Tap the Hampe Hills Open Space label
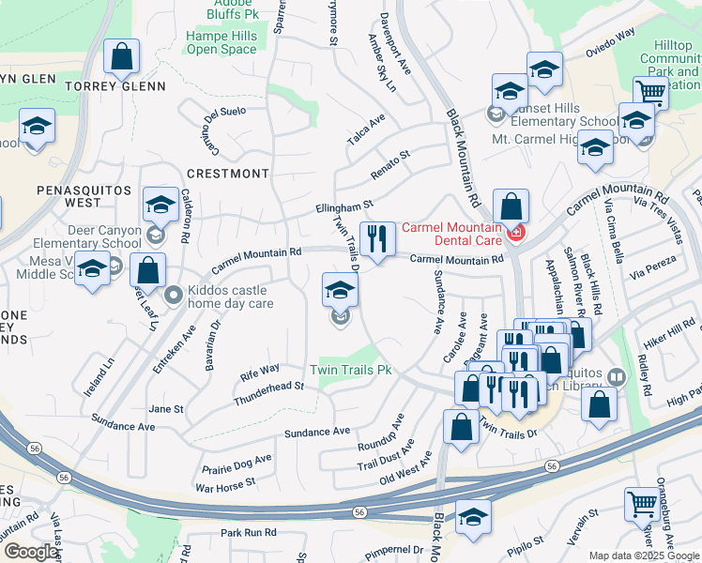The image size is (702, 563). [x=221, y=42]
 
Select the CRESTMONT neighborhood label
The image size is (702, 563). [x=227, y=174]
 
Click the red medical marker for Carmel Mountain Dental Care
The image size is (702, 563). [x=513, y=233]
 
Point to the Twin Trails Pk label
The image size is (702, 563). [x=351, y=370]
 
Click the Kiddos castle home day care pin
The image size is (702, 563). [x=173, y=296]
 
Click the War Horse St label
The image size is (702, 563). [x=224, y=485]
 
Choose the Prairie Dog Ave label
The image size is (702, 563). [x=237, y=464]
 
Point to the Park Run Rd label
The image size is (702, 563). [x=249, y=532]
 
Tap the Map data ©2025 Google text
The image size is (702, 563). [x=643, y=555]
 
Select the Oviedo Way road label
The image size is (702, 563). [x=611, y=46]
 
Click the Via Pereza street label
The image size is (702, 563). [x=652, y=273]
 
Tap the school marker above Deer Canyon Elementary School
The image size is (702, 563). [x=161, y=204]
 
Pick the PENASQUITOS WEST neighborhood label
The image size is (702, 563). [x=69, y=195]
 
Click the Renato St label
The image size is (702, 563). [x=390, y=156]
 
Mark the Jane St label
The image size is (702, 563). [x=166, y=409]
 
